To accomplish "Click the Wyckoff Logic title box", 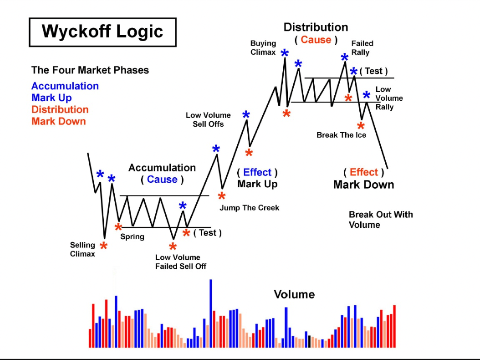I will [102, 32].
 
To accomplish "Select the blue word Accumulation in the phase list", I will [65, 86].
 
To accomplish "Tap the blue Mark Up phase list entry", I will [51, 98].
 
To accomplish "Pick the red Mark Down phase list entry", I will [58, 121].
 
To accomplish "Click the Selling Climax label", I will [82, 250].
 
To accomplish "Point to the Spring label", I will [132, 237].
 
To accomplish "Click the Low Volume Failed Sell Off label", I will [181, 262].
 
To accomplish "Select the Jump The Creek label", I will [249, 208].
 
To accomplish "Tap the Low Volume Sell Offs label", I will [208, 120].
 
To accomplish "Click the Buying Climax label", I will [263, 48].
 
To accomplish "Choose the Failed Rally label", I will [362, 48].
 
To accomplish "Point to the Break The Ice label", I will [341, 135].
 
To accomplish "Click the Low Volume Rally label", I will [389, 98].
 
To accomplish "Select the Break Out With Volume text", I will [381, 220].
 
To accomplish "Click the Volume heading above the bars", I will [294, 294].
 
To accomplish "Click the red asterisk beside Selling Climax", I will [104, 247].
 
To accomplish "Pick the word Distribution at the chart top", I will [316, 27].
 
